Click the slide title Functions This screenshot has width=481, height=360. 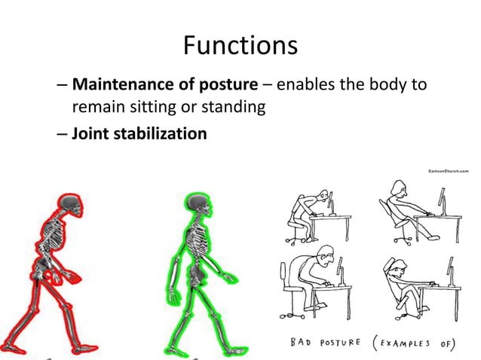click(x=240, y=47)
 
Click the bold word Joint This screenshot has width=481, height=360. click(x=90, y=134)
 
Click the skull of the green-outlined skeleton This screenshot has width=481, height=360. click(x=198, y=203)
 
